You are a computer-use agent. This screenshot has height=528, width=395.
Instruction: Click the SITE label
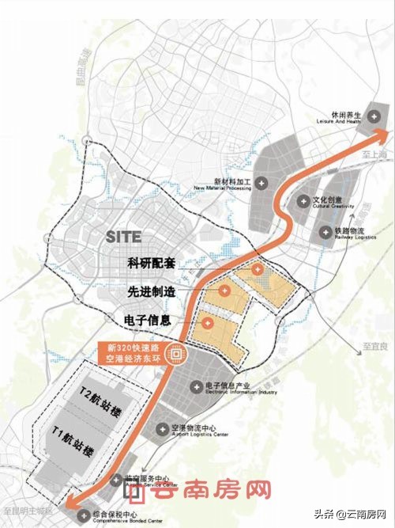point(123,236)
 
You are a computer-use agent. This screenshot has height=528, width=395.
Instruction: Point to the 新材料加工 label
point(225,184)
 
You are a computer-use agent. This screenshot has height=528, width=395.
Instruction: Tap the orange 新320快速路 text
point(137,348)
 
